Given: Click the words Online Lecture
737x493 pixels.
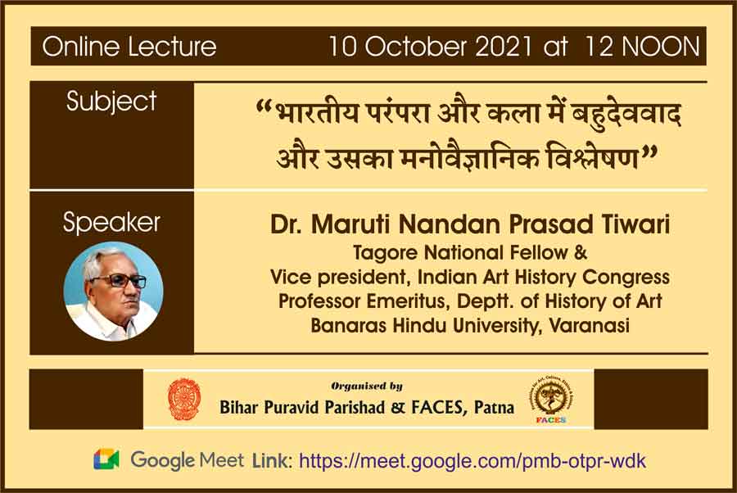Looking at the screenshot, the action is click(x=129, y=47).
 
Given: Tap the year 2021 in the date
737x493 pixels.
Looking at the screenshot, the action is click(x=504, y=47).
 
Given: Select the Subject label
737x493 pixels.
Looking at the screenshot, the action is click(x=111, y=102).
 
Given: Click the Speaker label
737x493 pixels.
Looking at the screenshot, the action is click(x=111, y=222).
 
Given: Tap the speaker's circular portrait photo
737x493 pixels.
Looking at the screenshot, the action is click(x=113, y=291).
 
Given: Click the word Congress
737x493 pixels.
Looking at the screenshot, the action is click(x=626, y=278).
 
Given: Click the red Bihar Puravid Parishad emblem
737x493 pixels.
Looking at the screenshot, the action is click(x=184, y=399).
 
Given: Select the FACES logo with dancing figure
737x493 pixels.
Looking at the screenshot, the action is click(x=551, y=399).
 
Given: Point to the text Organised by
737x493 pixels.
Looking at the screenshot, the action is click(x=367, y=387).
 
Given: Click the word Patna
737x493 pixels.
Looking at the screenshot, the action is click(x=494, y=407).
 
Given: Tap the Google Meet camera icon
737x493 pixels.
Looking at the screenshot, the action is click(x=106, y=459).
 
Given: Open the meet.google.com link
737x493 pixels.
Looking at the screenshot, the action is click(x=472, y=461).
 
